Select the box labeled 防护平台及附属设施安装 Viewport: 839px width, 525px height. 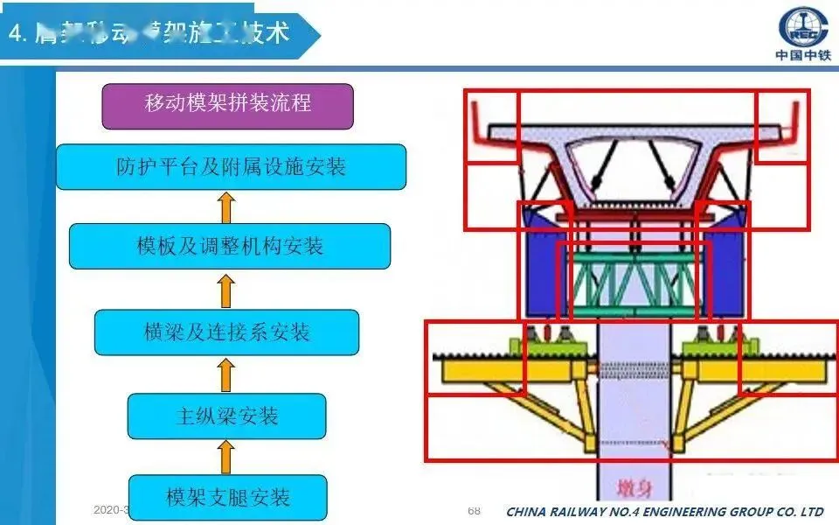coord(231,166)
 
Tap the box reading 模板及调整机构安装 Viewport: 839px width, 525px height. coord(230,246)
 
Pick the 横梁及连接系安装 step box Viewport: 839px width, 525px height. coord(226,332)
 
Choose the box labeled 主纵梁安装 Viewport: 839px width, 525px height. coord(226,416)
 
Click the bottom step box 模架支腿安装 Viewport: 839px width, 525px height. coord(227,498)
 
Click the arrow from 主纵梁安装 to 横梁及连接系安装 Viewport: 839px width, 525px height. coord(226,374)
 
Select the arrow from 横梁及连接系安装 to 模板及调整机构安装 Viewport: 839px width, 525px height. coord(226,290)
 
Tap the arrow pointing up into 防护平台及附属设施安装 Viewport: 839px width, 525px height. coord(226,206)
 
